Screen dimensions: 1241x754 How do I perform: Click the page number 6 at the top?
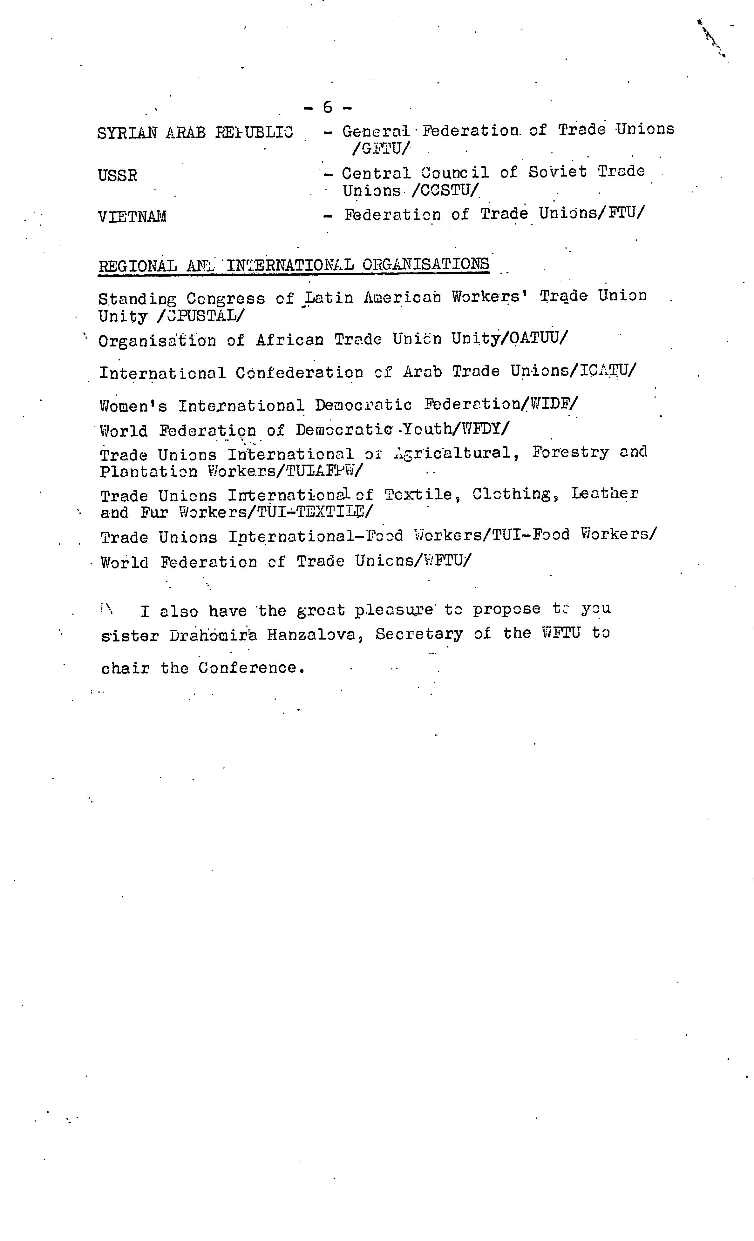tap(328, 107)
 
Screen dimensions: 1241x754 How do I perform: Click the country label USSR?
tap(118, 176)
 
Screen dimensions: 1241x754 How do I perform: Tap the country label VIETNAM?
tap(132, 217)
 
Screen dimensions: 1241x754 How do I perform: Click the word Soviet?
tap(557, 172)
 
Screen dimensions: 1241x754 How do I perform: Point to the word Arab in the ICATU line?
tap(422, 372)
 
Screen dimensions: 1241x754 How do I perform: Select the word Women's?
tap(133, 406)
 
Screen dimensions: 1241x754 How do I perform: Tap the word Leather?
tap(604, 493)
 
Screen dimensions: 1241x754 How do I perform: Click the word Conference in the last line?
tap(251, 668)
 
